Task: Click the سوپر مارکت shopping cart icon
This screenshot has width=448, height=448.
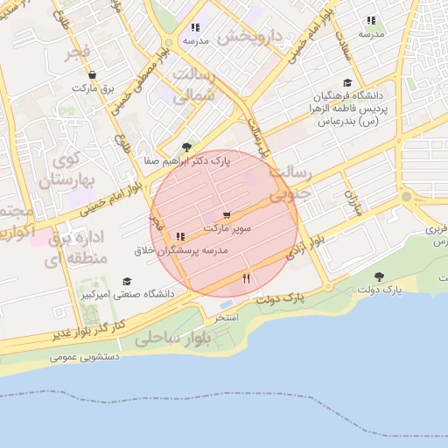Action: [227, 213]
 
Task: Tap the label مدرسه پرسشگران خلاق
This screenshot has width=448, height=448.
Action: [178, 250]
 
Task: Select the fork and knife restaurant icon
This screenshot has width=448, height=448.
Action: [246, 279]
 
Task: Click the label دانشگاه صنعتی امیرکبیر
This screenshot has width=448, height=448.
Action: [128, 295]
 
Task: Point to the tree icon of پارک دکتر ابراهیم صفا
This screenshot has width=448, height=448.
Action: [185, 147]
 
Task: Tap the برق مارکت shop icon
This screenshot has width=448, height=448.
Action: [92, 75]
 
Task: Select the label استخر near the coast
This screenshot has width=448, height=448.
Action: [227, 317]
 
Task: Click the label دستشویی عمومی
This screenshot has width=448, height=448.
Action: [83, 357]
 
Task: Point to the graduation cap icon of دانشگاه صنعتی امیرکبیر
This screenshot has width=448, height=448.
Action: [128, 282]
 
